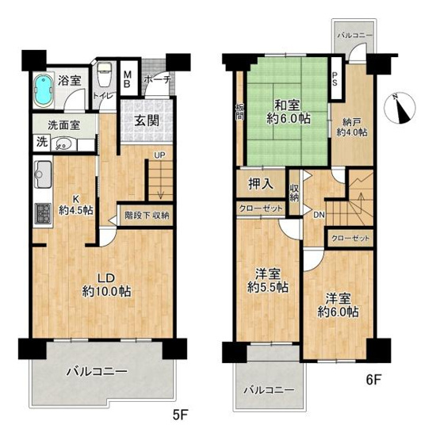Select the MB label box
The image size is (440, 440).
pyautogui.click(x=128, y=80)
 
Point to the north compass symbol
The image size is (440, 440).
pyautogui.click(x=403, y=108)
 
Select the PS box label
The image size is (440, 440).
pyautogui.click(x=335, y=80)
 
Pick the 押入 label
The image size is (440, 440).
pyautogui.click(x=262, y=184)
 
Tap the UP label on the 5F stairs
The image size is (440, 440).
pyautogui.click(x=159, y=156)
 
